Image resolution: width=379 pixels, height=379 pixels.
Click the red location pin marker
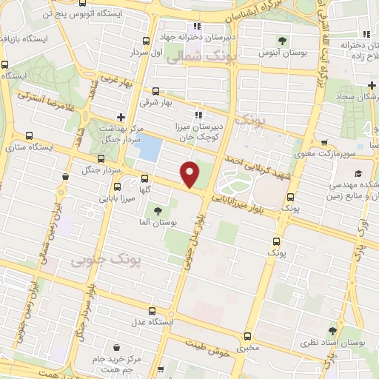point(190,174)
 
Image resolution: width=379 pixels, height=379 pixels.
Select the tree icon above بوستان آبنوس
point(280,40)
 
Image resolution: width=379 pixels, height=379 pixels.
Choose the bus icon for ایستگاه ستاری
point(29,135)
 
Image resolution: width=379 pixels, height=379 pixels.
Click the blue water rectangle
point(150,148)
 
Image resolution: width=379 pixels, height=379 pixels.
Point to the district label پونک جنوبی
point(98,261)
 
